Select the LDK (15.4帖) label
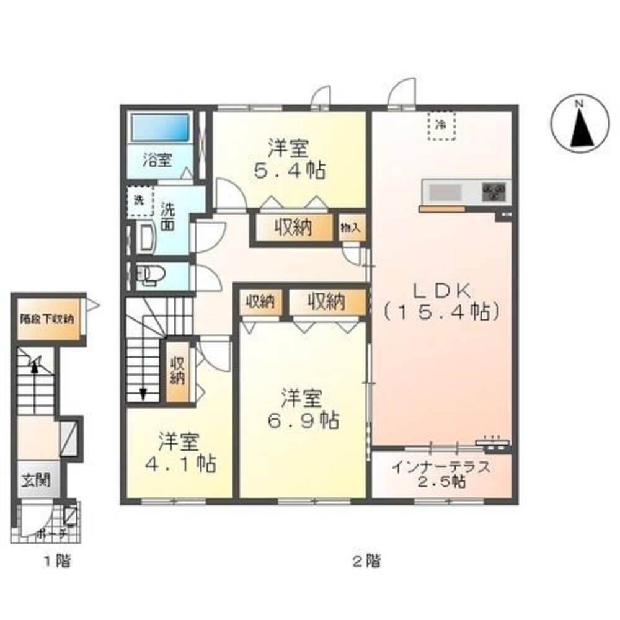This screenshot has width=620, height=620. pos(441,301)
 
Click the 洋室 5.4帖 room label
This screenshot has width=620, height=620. pos(289,159)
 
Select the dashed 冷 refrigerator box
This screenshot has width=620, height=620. pos(441,126)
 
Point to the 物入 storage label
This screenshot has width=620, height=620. pos(350,228)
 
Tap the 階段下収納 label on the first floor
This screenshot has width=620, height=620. pos(46,319)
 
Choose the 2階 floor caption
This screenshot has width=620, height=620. pos(366,562)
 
